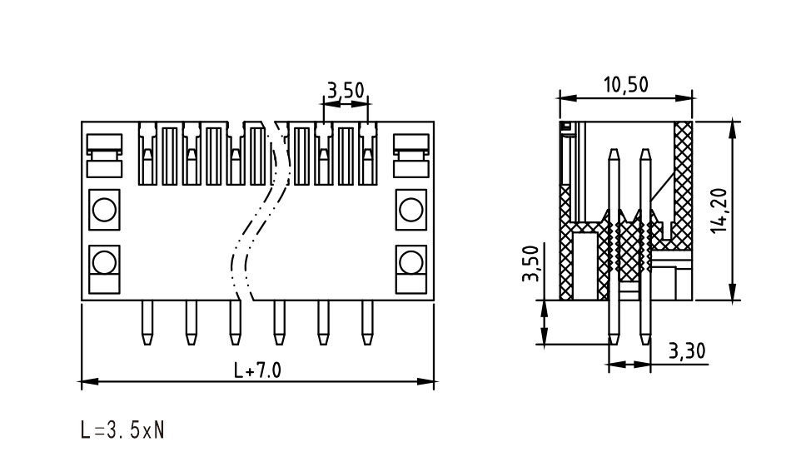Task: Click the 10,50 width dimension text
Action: click(625, 85)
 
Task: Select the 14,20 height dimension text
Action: click(719, 210)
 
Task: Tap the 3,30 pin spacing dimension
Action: click(687, 351)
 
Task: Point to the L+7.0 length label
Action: click(257, 370)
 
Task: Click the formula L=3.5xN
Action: click(122, 430)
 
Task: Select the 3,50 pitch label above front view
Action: click(346, 90)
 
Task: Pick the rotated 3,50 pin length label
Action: click(530, 264)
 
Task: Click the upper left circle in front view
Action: click(104, 210)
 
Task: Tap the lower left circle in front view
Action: click(104, 262)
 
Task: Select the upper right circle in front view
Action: click(411, 210)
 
